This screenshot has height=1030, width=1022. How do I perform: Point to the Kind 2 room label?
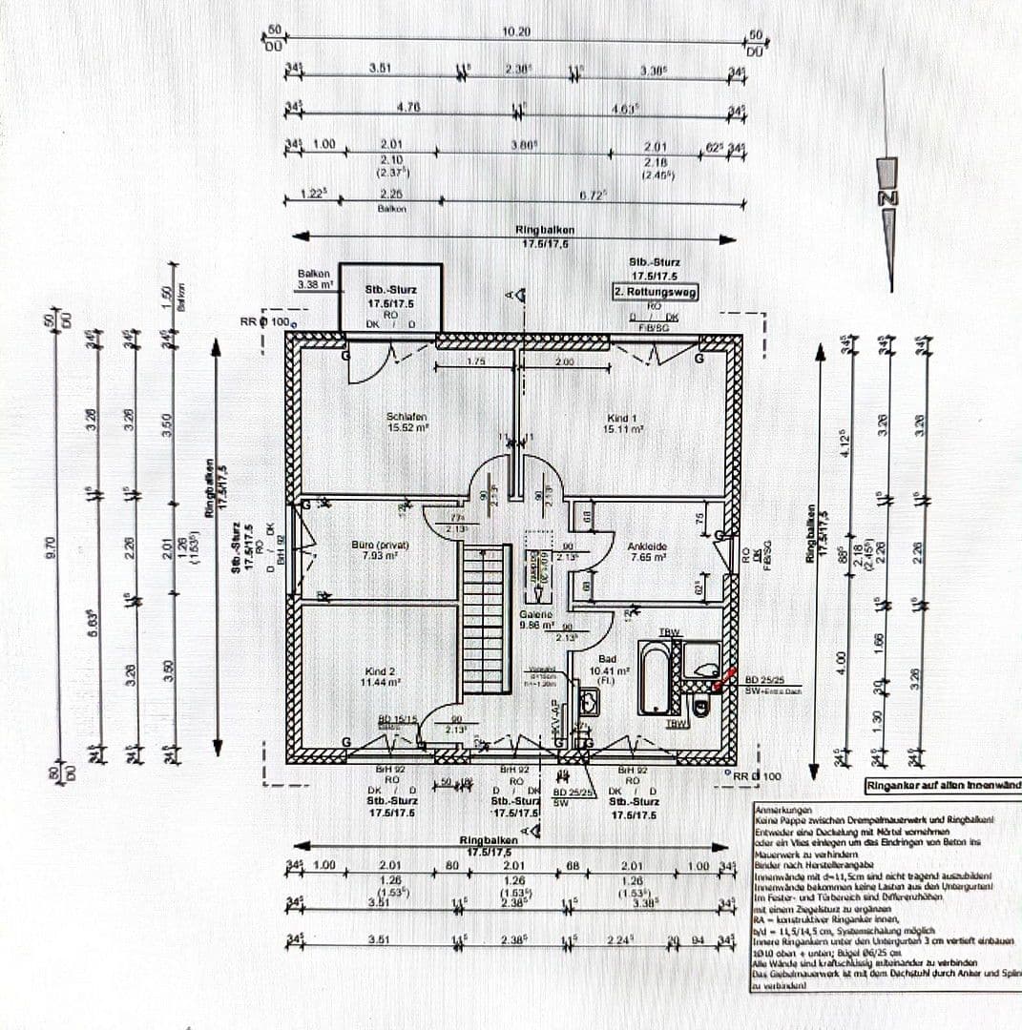[381, 676]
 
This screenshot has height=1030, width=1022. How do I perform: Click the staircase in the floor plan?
[486, 620]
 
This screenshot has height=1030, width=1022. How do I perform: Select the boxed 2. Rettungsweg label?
[655, 293]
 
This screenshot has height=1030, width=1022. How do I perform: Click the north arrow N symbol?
[888, 197]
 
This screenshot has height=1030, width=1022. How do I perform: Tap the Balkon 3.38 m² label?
[314, 278]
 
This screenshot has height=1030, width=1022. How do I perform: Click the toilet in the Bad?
[701, 707]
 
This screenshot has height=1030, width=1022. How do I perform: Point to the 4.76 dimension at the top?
[408, 108]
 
